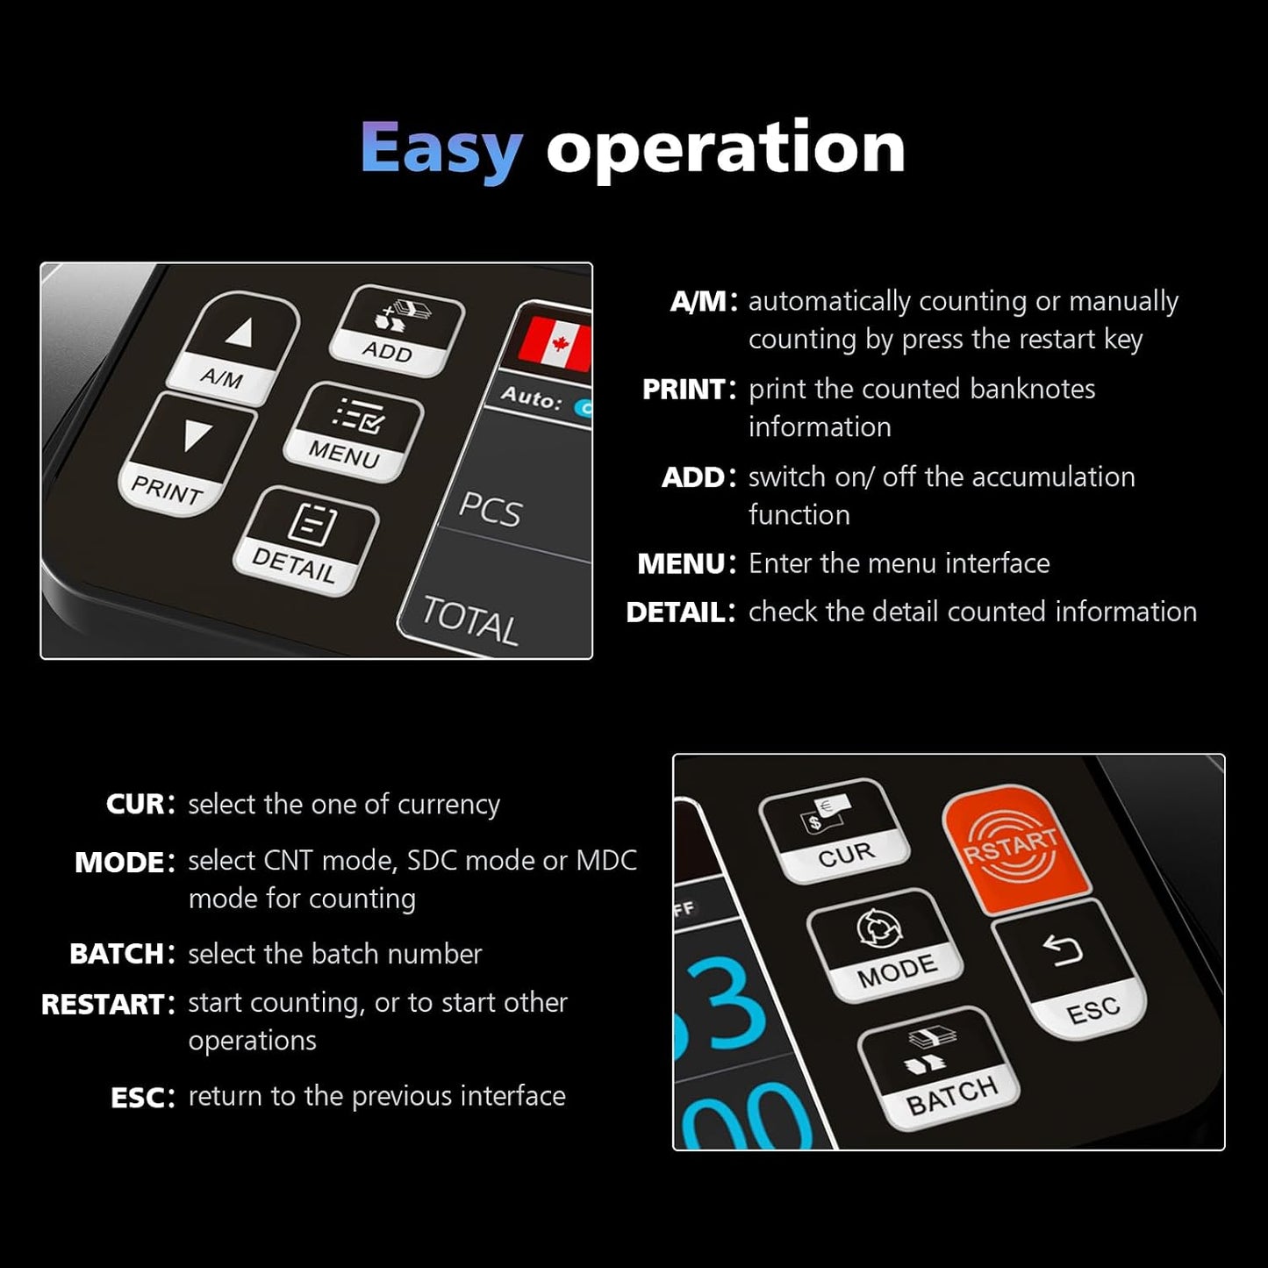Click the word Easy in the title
pos(441,151)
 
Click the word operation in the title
pos(726,148)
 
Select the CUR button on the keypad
pos(835,831)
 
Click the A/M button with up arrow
pos(233,348)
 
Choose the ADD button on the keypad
pos(398,331)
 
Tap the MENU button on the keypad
pos(354,432)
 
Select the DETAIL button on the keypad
pos(306,541)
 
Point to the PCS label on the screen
pos(491,509)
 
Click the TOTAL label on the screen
pos(469,620)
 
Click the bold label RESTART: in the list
pos(109,1004)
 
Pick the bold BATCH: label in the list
pos(122,954)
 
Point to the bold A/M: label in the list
pos(704,301)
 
